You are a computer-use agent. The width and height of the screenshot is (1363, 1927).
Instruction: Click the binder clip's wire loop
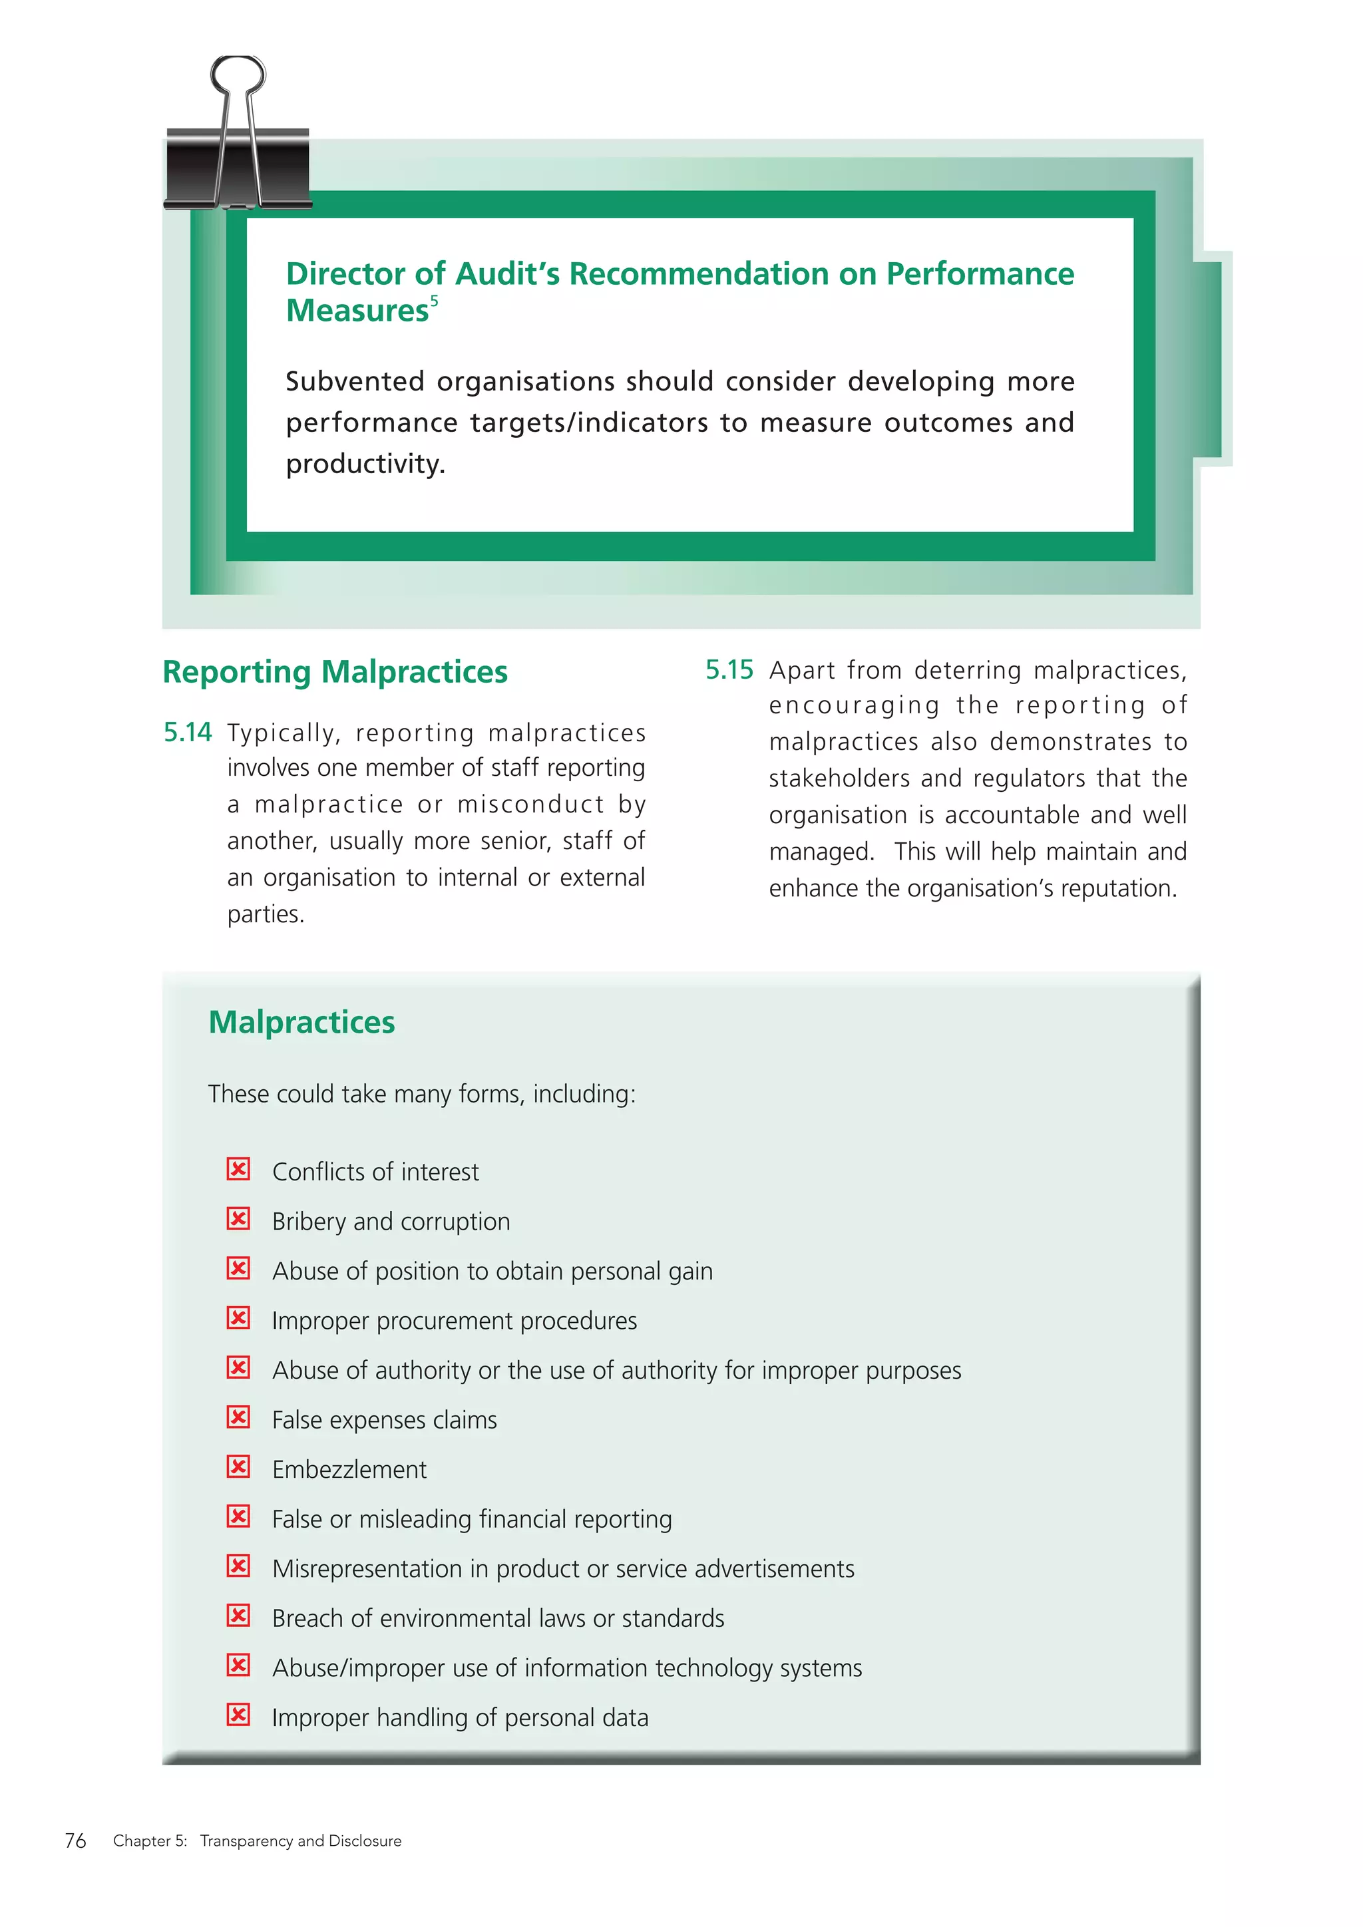pos(238,76)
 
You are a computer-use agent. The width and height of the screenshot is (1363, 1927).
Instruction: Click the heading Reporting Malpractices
pos(334,672)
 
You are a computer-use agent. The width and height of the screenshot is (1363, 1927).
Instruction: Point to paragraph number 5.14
pos(187,733)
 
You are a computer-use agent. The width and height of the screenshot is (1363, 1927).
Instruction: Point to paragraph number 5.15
pos(729,670)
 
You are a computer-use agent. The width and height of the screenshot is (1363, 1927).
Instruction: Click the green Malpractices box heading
pos(301,1022)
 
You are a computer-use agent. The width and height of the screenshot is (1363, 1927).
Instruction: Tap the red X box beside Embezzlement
pos(238,1467)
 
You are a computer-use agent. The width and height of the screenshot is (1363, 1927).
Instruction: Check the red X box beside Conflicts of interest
pos(238,1169)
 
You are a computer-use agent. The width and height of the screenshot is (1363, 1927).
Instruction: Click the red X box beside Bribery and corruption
pos(238,1218)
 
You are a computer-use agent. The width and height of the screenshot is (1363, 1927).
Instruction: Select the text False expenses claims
pos(385,1420)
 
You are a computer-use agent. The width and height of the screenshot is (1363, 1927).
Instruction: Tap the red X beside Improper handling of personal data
pos(238,1714)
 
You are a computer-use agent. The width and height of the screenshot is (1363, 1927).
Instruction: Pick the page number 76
pos(75,1840)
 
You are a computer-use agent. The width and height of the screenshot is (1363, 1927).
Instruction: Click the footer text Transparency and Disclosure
pos(300,1840)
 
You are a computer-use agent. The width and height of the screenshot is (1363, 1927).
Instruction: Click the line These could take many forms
pos(421,1095)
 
